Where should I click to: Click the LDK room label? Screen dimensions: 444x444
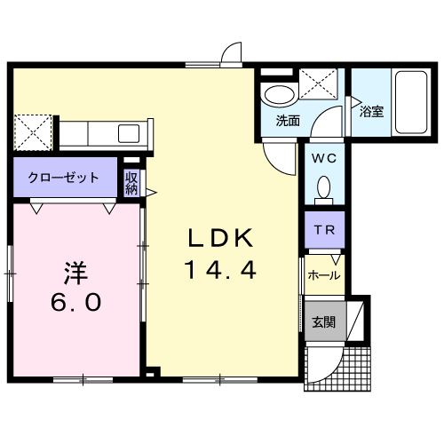[221, 237]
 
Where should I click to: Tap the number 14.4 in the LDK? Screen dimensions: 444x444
[220, 269]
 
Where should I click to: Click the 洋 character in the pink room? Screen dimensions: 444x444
[75, 273]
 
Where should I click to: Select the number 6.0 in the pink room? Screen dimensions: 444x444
[75, 302]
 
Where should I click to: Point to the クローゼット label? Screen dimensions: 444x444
[63, 178]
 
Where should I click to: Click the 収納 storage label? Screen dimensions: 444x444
[131, 184]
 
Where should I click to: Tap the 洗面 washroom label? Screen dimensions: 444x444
[288, 121]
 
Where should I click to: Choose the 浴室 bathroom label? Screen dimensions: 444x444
[371, 112]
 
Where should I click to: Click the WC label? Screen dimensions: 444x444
[324, 158]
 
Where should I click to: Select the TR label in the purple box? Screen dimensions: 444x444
[324, 230]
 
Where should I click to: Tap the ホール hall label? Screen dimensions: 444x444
[324, 275]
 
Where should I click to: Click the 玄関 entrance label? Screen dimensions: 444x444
[324, 321]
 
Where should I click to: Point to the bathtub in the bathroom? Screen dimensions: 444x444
[411, 102]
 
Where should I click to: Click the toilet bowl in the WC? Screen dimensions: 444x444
[324, 187]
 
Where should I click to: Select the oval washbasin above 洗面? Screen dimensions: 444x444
[280, 95]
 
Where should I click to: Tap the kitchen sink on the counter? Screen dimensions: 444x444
[129, 133]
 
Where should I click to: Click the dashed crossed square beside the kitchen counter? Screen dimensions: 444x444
[33, 132]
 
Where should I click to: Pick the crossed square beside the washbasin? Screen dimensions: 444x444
[318, 83]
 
